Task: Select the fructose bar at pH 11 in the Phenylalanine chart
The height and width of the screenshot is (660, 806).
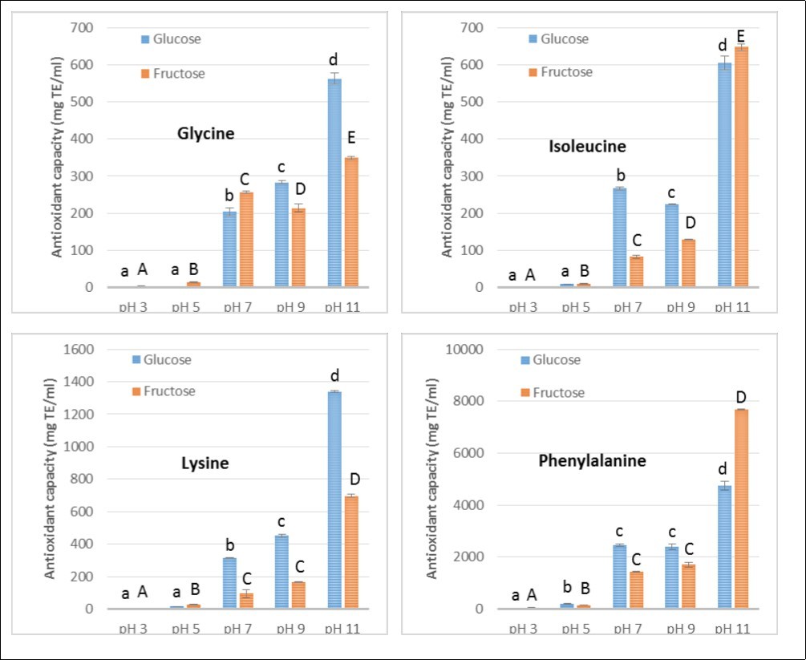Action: coord(740,509)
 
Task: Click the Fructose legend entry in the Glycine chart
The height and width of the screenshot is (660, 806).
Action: coord(173,74)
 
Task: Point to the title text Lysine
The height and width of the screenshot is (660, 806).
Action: coord(205,463)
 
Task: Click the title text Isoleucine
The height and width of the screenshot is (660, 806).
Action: coord(587,146)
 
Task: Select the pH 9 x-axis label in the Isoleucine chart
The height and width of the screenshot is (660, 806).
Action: coord(679,307)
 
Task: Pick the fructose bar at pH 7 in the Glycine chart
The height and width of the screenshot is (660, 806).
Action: coord(246,239)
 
